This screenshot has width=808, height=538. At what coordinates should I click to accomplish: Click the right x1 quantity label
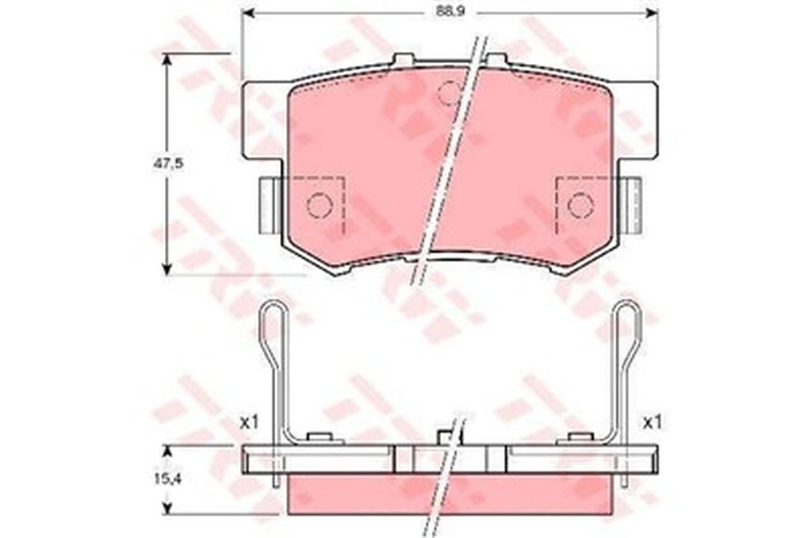tap(652, 423)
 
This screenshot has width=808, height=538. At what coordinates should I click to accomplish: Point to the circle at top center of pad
tap(449, 93)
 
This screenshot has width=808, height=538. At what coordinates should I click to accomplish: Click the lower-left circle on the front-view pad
tap(319, 205)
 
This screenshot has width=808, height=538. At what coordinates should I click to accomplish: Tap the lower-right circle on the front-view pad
tap(581, 205)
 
